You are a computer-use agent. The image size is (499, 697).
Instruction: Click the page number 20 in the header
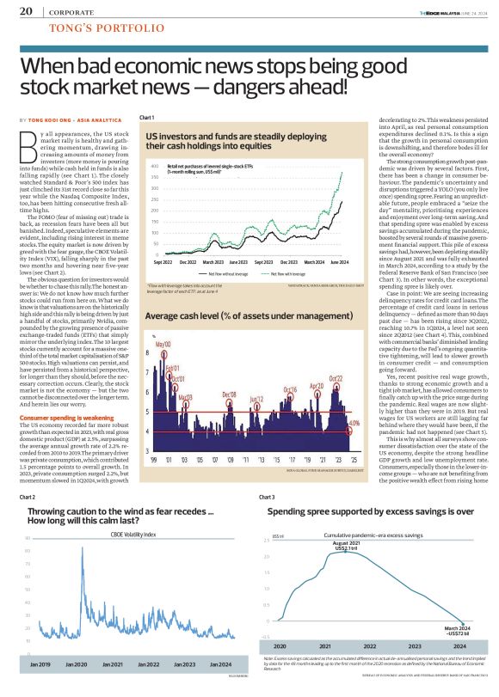click(x=26, y=11)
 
